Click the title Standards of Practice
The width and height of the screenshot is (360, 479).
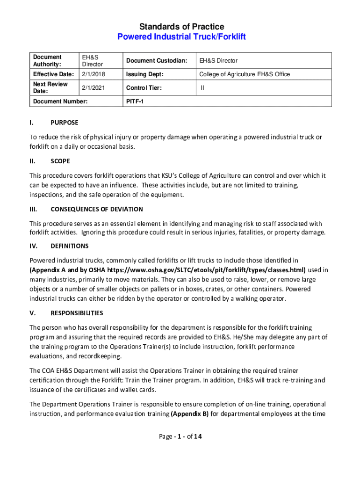coord(180,27)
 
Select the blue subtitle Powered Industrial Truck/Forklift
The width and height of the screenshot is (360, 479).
coord(180,36)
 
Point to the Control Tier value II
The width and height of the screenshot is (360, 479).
coord(202,87)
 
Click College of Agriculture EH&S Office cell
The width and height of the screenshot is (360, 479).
coord(245,74)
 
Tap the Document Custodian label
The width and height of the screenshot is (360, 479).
coord(156,61)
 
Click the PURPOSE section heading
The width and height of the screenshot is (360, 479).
coord(65,123)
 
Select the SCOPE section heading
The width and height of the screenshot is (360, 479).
coord(60,161)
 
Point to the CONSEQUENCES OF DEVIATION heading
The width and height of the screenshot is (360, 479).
coord(97,209)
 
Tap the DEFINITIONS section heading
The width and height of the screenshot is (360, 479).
coord(70,246)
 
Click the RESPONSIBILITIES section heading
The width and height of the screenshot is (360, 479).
coord(77,313)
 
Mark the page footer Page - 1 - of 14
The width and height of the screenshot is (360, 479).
coord(180,437)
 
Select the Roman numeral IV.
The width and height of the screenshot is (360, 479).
coord(33,246)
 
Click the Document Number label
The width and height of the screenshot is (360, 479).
coord(58,101)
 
